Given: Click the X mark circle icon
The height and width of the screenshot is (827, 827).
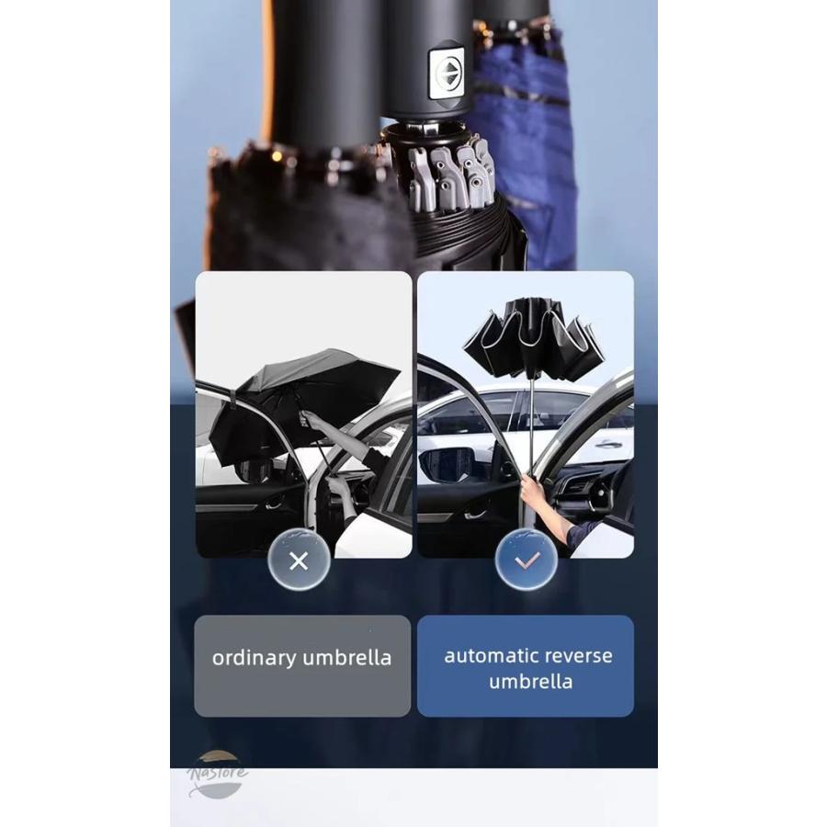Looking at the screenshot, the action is pyautogui.click(x=299, y=561).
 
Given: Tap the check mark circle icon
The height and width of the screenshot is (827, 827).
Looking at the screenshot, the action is pyautogui.click(x=526, y=561).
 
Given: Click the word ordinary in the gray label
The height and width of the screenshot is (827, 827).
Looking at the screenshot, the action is pyautogui.click(x=255, y=659).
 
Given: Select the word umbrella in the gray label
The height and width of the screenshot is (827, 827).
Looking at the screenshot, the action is pyautogui.click(x=347, y=658).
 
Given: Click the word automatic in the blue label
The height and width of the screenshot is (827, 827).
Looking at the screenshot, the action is pyautogui.click(x=484, y=655).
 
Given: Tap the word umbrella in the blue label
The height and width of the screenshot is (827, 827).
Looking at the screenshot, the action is pyautogui.click(x=530, y=682).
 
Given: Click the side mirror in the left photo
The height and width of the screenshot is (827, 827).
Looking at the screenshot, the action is pyautogui.click(x=252, y=470).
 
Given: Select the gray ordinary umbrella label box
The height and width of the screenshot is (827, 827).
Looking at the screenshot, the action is pyautogui.click(x=302, y=665).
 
